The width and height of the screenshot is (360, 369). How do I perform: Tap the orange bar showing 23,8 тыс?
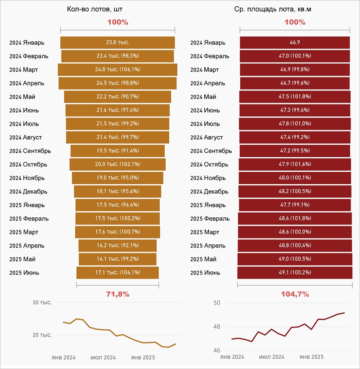pos(117,43)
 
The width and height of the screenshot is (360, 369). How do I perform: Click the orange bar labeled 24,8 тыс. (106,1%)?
pos(117,70)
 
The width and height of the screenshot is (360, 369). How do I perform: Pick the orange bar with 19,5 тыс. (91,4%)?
pos(117,151)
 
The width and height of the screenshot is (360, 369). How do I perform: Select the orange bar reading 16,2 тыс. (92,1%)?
pos(117,246)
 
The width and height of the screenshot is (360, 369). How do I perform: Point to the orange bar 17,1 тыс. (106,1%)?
pos(117,273)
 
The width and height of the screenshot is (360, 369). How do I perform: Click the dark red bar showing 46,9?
pos(295,43)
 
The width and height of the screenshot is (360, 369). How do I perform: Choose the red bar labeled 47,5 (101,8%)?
pos(295,97)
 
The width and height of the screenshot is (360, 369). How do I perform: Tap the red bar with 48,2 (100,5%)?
pos(295,191)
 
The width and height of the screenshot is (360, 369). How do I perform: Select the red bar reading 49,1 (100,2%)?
pos(295,273)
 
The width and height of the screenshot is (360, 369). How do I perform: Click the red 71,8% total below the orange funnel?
pos(117,294)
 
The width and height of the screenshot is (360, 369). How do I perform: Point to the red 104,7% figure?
pos(295,294)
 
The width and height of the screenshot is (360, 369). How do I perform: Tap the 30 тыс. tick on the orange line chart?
pos(42,303)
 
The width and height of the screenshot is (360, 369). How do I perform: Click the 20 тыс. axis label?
pos(42,335)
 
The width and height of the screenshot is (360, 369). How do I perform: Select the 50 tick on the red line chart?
pos(216,303)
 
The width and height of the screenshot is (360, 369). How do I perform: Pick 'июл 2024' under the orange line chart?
pos(103,358)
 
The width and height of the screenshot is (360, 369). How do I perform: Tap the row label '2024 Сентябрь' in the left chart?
pos(30,151)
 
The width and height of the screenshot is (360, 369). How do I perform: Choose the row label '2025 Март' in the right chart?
pos(205,232)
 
